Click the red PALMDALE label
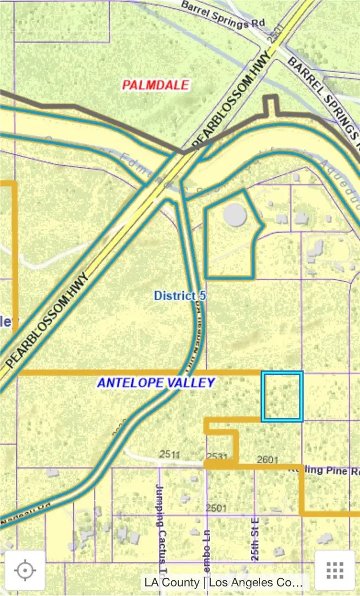coord(156,85)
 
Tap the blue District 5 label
coord(180,296)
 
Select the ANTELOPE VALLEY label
coord(156,383)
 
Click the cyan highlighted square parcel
coord(282,396)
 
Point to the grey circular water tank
coord(235,214)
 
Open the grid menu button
coord(334,570)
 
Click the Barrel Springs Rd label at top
coord(224,14)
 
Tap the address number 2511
coord(169,454)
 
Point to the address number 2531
coord(217,456)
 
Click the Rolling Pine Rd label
coord(324,470)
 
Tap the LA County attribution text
coord(225,582)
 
